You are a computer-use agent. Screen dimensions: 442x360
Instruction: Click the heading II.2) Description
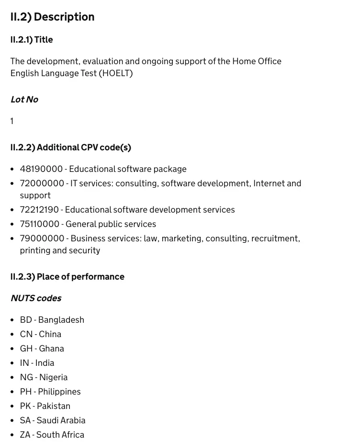[53, 17]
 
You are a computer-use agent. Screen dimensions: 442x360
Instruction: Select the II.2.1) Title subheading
[32, 40]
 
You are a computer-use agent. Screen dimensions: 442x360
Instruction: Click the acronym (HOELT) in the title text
[116, 73]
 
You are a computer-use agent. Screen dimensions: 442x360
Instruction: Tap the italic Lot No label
[24, 100]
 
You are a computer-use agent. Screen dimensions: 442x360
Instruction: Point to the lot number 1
[12, 121]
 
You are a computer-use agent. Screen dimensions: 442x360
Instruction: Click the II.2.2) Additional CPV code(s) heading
[71, 147]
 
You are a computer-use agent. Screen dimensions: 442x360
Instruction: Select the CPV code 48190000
[41, 169]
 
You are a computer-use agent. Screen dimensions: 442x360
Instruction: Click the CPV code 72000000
[42, 183]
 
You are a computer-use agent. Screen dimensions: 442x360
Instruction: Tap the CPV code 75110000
[40, 224]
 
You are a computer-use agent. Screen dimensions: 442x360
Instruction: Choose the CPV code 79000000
[42, 238]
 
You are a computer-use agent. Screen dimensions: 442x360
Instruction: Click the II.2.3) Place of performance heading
[67, 277]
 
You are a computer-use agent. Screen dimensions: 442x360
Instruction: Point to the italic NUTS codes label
[36, 298]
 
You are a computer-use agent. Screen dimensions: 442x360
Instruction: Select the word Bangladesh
[61, 320]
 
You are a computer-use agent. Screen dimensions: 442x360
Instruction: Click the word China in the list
[50, 334]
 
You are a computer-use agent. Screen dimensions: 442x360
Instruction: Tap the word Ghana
[52, 349]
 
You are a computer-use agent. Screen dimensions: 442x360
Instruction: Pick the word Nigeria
[53, 377]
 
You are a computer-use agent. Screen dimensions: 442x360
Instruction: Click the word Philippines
[59, 392]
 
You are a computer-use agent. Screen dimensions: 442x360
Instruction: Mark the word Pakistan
[54, 406]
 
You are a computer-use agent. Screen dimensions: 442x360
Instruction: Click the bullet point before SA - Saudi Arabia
[12, 420]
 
